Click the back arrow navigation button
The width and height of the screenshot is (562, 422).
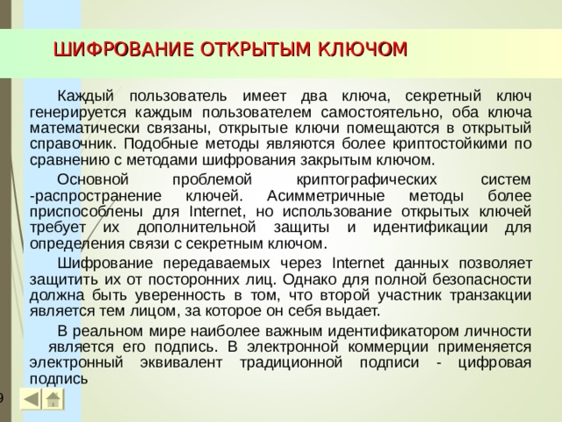[30, 400]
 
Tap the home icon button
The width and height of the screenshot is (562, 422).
[54, 400]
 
